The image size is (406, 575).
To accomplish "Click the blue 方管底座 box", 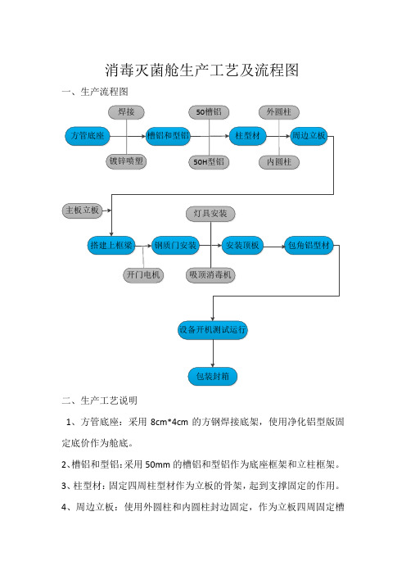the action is point(88,136).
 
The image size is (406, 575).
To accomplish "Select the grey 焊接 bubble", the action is point(126,112).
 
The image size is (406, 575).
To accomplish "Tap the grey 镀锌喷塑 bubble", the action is point(126,161).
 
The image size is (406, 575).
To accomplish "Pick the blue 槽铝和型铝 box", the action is point(168,136).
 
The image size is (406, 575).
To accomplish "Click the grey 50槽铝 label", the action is point(209,112).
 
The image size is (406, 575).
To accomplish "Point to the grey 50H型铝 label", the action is point(209,161).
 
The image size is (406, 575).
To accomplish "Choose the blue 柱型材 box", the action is point(248,136).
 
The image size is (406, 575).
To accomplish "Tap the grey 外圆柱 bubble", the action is point(279,112).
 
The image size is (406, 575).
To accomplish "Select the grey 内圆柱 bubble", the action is point(279,161).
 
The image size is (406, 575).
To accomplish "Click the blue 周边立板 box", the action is point(309,136).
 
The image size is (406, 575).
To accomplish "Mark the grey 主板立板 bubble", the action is point(82,211).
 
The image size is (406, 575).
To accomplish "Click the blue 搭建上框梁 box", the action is point(111,246).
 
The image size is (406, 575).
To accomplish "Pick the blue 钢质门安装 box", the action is point(175,246).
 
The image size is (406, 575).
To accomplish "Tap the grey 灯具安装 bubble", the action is point(210,214).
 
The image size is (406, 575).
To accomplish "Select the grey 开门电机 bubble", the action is point(143,274).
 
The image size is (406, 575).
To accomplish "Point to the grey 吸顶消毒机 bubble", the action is point(210,274).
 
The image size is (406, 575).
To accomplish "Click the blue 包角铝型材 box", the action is point(309,246).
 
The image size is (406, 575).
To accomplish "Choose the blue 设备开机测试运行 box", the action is point(213,329).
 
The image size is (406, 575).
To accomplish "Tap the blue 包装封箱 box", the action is point(213,376).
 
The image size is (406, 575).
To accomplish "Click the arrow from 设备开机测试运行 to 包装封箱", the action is point(213,353).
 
